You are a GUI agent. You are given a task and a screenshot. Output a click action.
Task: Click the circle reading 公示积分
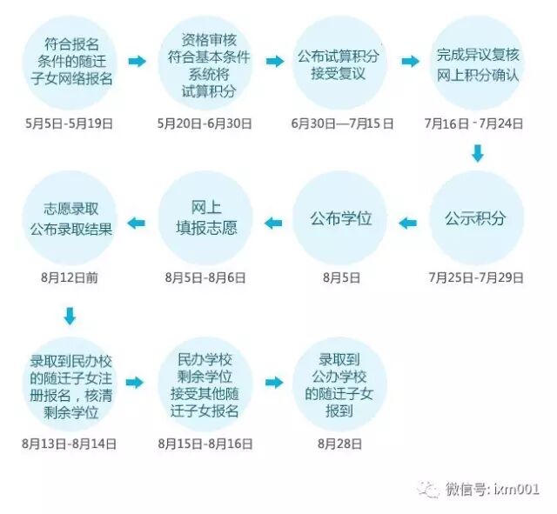[x=475, y=217]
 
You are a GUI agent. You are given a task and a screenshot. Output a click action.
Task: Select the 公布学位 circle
[x=340, y=217]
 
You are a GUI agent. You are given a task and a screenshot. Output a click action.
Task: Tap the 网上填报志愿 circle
[x=205, y=217]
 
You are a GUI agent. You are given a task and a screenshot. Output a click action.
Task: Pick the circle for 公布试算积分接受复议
[x=340, y=63]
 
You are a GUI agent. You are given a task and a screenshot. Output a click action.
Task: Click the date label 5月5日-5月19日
[x=69, y=123]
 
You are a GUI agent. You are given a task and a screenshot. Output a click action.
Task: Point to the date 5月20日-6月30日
[x=205, y=123]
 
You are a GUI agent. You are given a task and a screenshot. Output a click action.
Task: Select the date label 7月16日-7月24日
[x=475, y=123]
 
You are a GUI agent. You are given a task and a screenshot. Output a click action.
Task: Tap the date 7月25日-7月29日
[x=475, y=278]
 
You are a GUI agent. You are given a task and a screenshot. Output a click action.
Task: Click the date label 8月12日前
[x=70, y=278]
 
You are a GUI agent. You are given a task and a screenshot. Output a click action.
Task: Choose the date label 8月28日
[x=340, y=444]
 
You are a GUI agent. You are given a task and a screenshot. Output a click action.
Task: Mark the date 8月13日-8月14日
[x=70, y=444]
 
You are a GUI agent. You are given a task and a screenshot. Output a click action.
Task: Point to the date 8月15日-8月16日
[x=205, y=444]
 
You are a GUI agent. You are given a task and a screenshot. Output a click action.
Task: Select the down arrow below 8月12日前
[x=70, y=314]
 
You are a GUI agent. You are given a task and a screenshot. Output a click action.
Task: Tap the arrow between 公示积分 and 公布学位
[x=407, y=223]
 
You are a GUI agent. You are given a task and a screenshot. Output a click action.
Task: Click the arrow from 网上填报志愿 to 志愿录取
[x=138, y=223]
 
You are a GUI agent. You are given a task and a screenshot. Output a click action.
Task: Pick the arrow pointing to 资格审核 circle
[x=138, y=62]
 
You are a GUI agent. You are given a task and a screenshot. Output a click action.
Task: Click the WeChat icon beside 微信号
[x=429, y=489]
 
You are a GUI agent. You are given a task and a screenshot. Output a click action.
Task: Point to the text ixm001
[x=518, y=490]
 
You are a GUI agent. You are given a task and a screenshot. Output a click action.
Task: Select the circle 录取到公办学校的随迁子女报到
[x=340, y=383]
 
